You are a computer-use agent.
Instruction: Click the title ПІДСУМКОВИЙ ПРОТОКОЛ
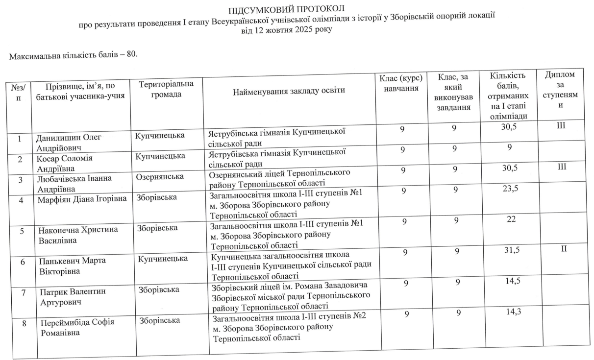point(288,9)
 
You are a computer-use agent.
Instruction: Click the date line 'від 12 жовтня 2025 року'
point(287,30)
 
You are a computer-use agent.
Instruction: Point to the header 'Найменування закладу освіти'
point(289,91)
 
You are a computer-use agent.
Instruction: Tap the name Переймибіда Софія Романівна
point(77,327)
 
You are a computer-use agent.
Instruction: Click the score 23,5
point(507,190)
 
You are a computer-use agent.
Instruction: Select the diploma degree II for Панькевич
point(564,250)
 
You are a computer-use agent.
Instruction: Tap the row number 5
point(22,232)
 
